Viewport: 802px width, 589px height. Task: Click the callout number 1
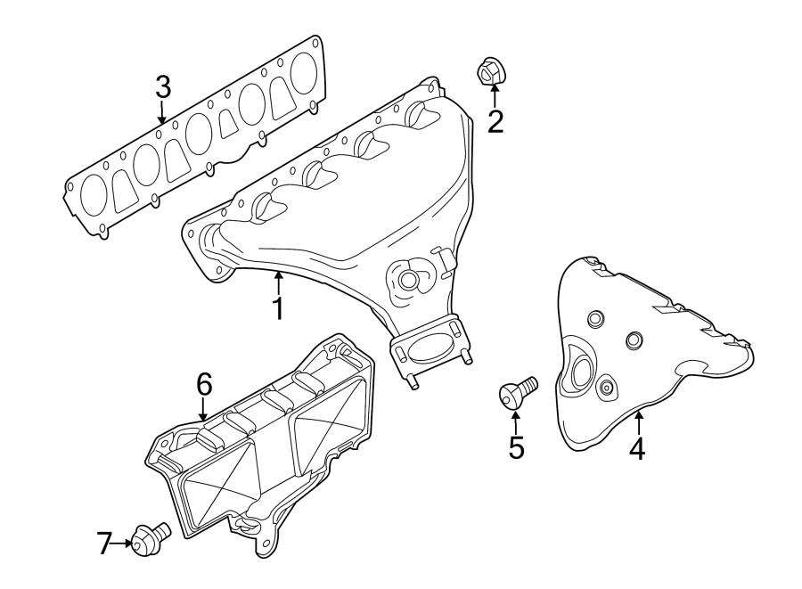278,308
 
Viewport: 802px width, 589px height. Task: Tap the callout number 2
495,121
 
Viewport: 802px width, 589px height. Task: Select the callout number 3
162,86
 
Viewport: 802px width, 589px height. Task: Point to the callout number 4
636,447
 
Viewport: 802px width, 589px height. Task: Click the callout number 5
516,446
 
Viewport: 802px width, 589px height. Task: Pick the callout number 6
203,384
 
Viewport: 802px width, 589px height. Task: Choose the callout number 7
105,542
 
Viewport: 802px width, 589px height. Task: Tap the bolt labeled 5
518,392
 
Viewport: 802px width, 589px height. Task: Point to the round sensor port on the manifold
409,280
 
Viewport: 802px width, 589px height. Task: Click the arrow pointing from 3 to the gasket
162,111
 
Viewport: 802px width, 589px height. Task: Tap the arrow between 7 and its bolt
122,541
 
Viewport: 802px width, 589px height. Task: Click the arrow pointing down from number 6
203,409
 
